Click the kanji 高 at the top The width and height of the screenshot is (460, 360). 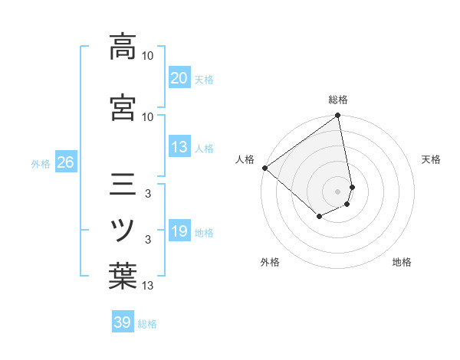tap(123, 47)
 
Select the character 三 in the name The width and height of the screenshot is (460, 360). tap(123, 186)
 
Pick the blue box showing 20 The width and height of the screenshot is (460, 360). tap(179, 78)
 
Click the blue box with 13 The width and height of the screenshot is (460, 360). tap(179, 148)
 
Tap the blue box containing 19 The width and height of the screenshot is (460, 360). tap(179, 232)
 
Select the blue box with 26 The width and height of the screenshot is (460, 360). tap(65, 163)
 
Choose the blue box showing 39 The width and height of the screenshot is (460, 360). tap(123, 322)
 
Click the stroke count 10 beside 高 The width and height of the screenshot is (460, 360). tap(148, 56)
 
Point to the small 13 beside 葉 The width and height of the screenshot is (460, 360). tap(148, 286)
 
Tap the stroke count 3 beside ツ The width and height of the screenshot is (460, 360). tap(148, 241)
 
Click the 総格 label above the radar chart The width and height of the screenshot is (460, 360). tap(338, 100)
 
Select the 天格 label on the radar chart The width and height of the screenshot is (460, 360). tap(431, 159)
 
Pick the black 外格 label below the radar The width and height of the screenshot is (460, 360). tap(270, 263)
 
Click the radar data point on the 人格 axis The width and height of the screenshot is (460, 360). tap(264, 168)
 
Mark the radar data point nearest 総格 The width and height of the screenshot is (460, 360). tap(338, 116)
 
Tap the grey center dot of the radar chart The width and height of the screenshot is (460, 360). tap(338, 191)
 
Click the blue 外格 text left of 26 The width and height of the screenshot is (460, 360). tap(41, 164)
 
